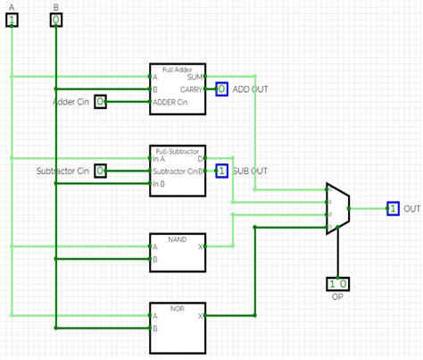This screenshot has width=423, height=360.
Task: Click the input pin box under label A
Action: click(12, 20)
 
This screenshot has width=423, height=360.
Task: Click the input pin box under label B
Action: click(55, 20)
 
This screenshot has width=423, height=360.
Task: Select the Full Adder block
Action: click(177, 89)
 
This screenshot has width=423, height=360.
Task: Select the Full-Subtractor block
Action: click(177, 170)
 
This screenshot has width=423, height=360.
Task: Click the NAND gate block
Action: click(177, 252)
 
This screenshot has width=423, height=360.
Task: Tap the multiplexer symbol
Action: click(336, 209)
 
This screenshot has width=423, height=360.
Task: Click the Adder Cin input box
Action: click(101, 102)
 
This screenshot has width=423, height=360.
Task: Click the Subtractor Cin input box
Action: click(101, 170)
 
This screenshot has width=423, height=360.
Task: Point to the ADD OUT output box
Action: click(221, 89)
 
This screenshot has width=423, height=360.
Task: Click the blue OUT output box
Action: click(392, 208)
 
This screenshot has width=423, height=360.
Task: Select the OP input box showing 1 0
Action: click(337, 284)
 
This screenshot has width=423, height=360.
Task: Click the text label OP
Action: click(337, 297)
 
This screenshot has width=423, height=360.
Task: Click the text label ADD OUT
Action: click(250, 89)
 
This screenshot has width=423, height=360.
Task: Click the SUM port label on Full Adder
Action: click(195, 77)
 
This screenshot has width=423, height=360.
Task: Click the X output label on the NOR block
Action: click(201, 315)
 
